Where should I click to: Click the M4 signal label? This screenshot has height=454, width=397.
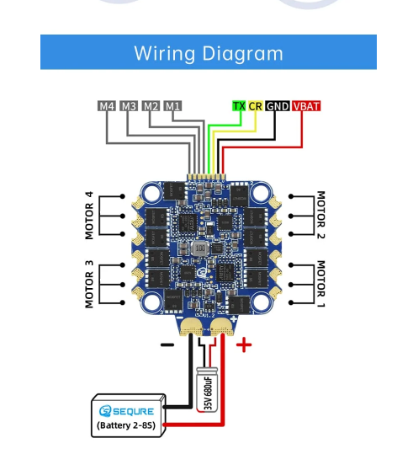point(107,106)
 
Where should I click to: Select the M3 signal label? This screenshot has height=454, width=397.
point(129,106)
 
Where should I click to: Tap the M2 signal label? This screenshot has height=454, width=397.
point(151,106)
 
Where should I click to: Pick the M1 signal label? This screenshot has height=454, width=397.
point(172,106)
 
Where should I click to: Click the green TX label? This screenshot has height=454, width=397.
point(239,106)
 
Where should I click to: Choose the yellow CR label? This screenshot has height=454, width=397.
point(256,106)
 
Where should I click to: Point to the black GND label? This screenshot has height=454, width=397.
point(278,106)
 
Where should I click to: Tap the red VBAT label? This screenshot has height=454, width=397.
point(306,106)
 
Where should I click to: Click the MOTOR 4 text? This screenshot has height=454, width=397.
point(89,215)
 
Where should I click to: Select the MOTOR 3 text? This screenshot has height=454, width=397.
point(89,284)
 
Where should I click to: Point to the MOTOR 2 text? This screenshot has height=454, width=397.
point(321,215)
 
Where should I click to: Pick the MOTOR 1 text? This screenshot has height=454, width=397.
point(321,284)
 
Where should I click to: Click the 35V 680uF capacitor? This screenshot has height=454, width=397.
point(207,389)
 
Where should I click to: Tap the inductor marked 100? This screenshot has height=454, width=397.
point(200,248)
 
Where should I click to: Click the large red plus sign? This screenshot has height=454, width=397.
point(244,345)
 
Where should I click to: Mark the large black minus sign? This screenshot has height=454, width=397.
point(167,345)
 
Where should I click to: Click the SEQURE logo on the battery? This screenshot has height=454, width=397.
point(126,411)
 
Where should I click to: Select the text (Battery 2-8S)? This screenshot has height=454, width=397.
point(126,425)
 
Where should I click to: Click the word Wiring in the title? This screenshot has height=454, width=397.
point(165,54)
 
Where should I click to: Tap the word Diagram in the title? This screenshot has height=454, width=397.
point(242,54)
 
